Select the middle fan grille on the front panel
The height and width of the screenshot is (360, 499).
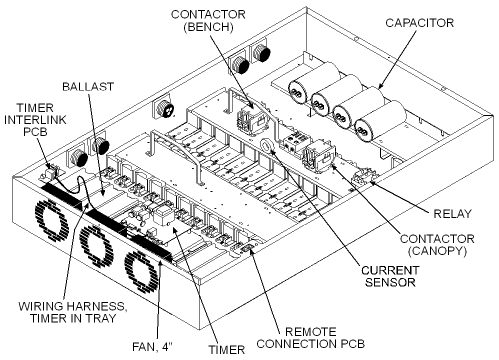(x=94, y=240)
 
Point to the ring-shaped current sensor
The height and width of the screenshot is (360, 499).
(x=267, y=146)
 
